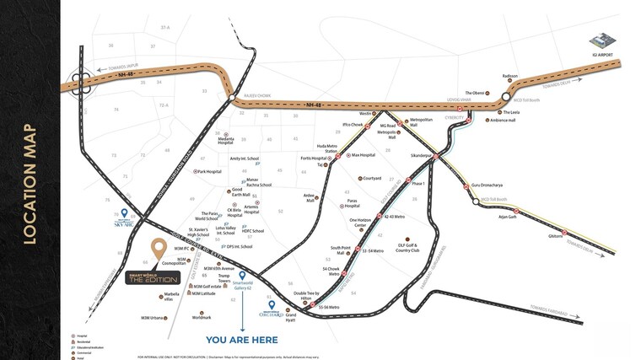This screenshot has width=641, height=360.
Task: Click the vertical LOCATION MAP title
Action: [29, 184]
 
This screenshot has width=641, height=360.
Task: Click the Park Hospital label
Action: [208, 171]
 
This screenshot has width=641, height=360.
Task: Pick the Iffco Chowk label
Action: [352, 125]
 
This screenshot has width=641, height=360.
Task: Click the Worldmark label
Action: [202, 317]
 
